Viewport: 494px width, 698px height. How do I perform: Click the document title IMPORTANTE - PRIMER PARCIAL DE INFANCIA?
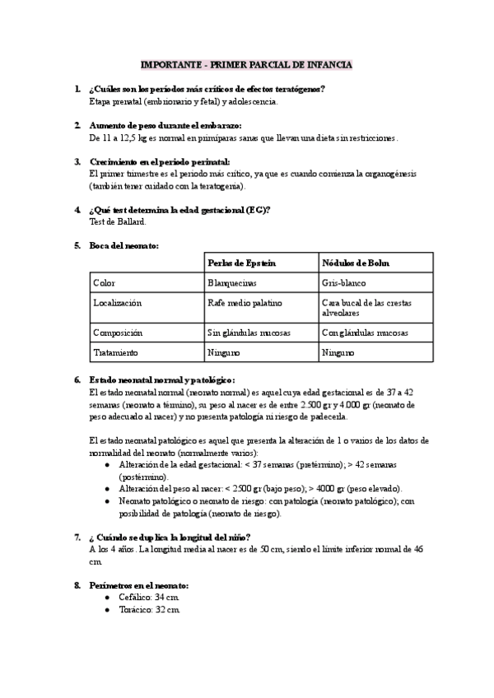pos(246,63)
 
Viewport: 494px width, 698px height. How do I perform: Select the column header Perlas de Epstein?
pos(242,263)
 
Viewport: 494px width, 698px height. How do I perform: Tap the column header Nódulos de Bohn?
pos(356,263)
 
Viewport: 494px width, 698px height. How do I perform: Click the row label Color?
pos(104,282)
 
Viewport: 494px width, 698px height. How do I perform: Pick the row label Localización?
pos(118,303)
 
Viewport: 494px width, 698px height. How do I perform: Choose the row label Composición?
pos(118,333)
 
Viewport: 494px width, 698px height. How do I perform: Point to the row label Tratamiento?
pos(116,352)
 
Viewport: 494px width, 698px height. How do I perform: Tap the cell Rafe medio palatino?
pos(245,303)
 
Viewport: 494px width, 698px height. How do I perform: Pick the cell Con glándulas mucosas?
pos(365,333)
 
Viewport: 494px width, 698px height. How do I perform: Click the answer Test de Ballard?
pos(118,221)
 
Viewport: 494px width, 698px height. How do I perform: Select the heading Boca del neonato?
pos(124,245)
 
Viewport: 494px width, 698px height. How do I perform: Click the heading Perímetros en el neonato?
pos(139,584)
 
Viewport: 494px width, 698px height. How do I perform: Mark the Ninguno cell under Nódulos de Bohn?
pos(338,352)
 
